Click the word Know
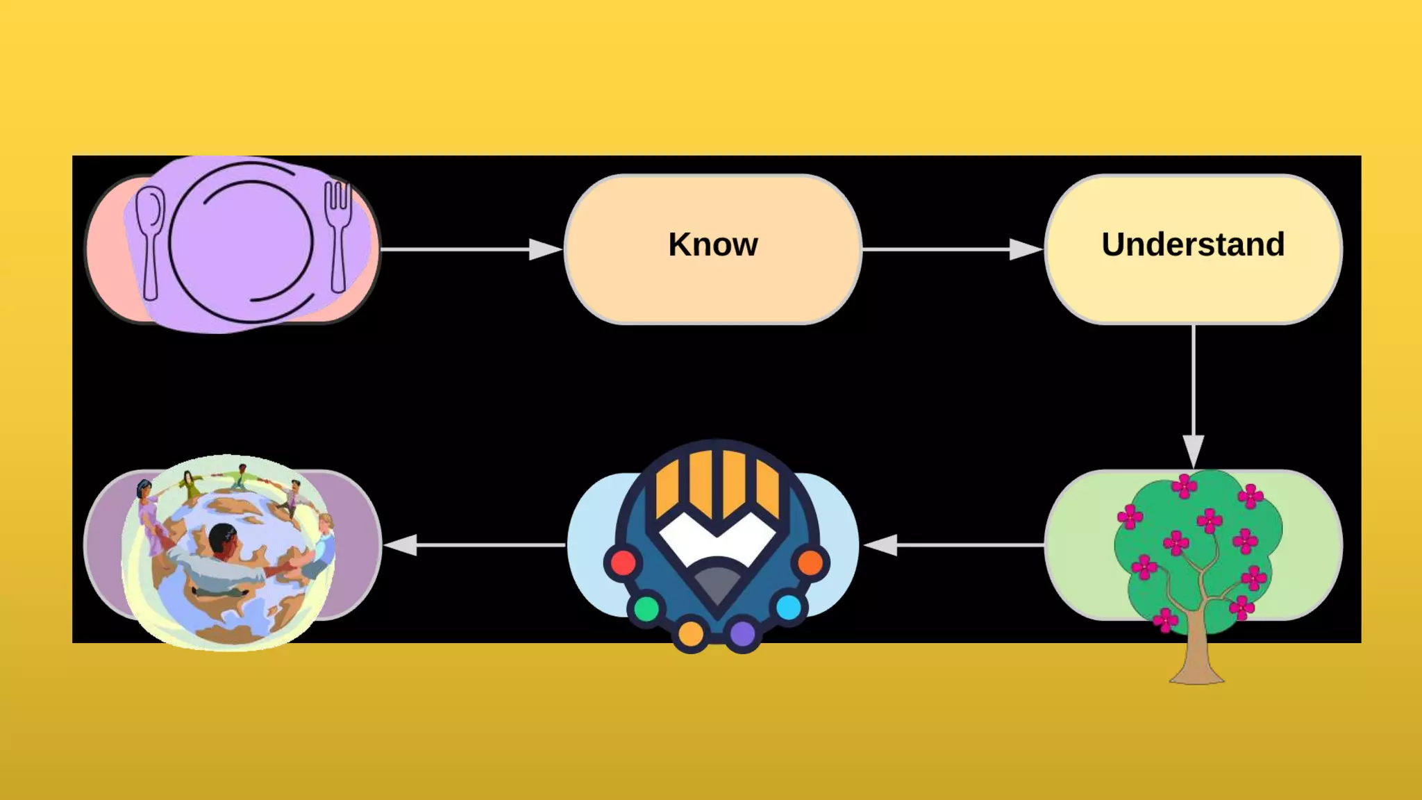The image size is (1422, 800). [x=713, y=244]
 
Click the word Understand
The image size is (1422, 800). [x=1193, y=244]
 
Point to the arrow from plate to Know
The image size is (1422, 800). [x=472, y=249]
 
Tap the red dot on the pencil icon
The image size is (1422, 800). [x=623, y=562]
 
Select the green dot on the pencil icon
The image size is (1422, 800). [x=646, y=609]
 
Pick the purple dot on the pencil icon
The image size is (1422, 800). [x=742, y=633]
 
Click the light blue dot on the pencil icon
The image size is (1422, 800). [x=788, y=608]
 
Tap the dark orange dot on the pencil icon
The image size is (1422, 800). [x=810, y=562]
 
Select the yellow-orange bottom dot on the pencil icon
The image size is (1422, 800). [x=691, y=633]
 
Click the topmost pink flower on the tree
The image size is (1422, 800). [x=1184, y=485]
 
